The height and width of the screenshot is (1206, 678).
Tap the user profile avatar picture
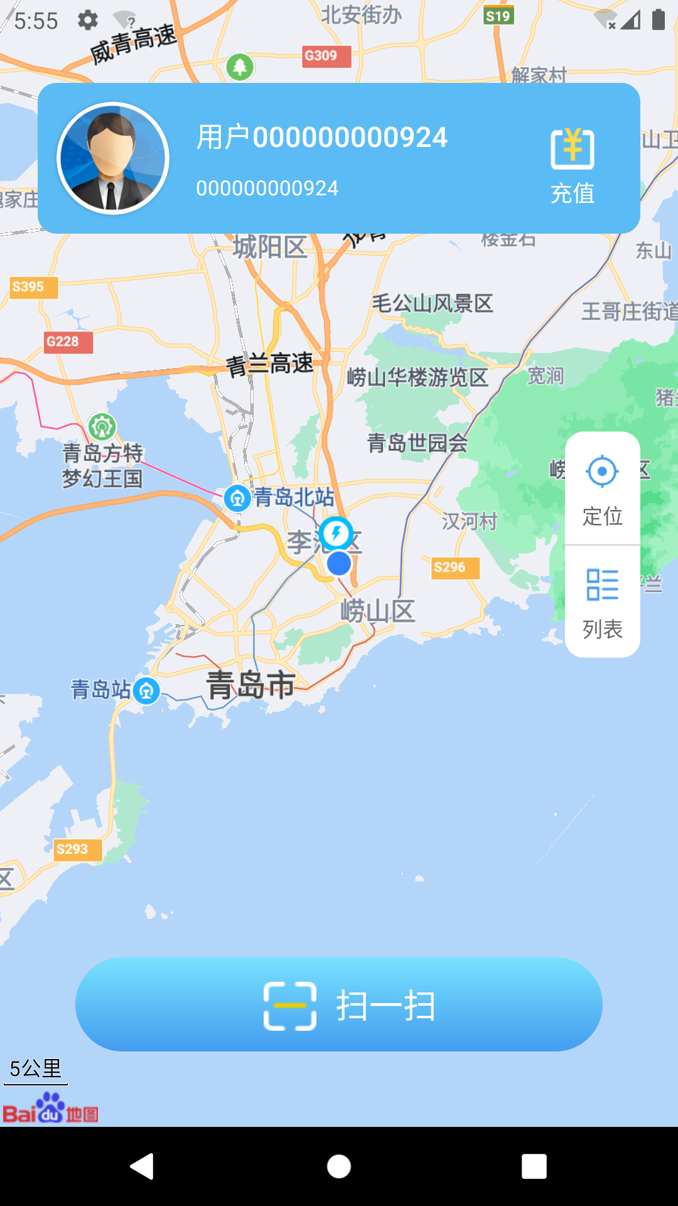tap(113, 158)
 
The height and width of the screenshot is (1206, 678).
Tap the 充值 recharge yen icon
tap(572, 149)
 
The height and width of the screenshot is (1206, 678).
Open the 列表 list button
tap(602, 602)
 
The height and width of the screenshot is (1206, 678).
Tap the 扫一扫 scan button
tap(339, 1004)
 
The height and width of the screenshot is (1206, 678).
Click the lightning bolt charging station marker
tap(336, 534)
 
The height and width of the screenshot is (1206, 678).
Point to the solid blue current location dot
tap(339, 563)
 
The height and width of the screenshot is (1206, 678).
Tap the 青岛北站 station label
tap(294, 497)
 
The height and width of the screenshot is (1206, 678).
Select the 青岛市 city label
tap(251, 685)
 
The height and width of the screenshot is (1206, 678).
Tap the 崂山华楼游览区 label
tap(417, 378)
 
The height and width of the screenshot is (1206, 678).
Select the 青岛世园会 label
tap(417, 443)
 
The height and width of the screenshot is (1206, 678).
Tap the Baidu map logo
tap(50, 1109)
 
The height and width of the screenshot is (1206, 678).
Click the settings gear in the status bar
tap(88, 20)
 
